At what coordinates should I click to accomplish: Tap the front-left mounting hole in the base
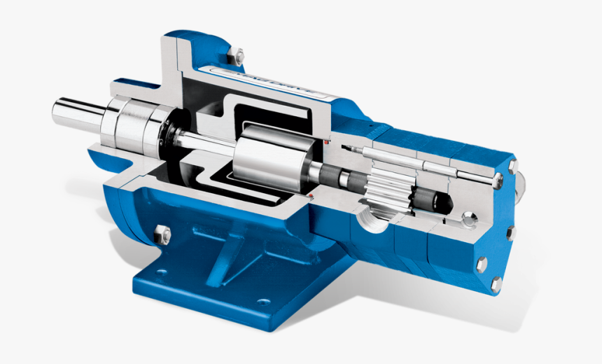(x=161, y=273)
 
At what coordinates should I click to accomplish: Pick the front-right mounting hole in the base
(x=263, y=302)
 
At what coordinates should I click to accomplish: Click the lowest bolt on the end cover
(x=496, y=284)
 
